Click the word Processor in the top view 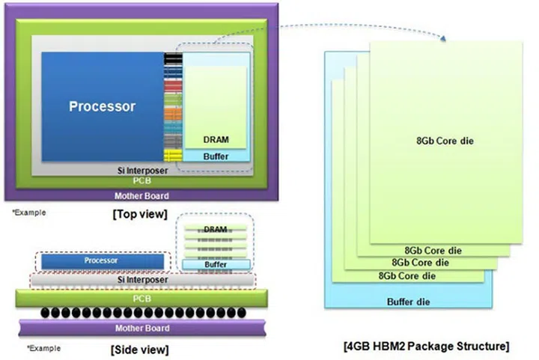pyautogui.click(x=102, y=106)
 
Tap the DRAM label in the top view pyautogui.click(x=216, y=140)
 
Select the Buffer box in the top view pyautogui.click(x=216, y=156)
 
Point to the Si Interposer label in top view pyautogui.click(x=142, y=171)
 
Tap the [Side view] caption pyautogui.click(x=139, y=349)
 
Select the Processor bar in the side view pyautogui.click(x=102, y=260)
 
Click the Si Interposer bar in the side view pyautogui.click(x=143, y=279)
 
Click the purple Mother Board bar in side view pyautogui.click(x=141, y=328)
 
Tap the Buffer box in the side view pyautogui.click(x=216, y=265)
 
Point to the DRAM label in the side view pyautogui.click(x=216, y=229)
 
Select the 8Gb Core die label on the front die pyautogui.click(x=445, y=141)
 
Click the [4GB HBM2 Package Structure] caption pyautogui.click(x=427, y=347)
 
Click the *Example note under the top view pyautogui.click(x=28, y=213)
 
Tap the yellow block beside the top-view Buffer pyautogui.click(x=173, y=156)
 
